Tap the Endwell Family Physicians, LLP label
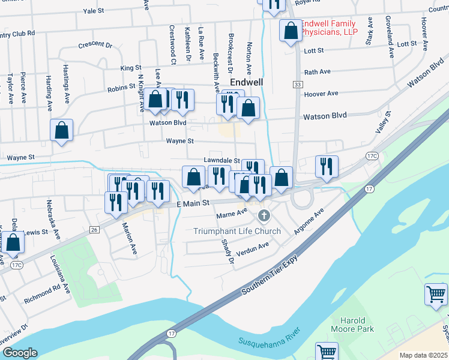tap(328, 28)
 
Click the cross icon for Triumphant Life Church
tap(262, 215)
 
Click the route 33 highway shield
tap(298, 85)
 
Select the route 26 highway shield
tap(94, 230)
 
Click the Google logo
tap(19, 353)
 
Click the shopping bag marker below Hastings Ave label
tap(61, 131)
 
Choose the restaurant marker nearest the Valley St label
tap(327, 166)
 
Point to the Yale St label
tap(94, 11)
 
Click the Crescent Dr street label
tap(95, 44)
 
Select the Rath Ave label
tap(318, 72)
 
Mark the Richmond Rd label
tap(43, 293)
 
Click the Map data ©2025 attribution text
tap(423, 355)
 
